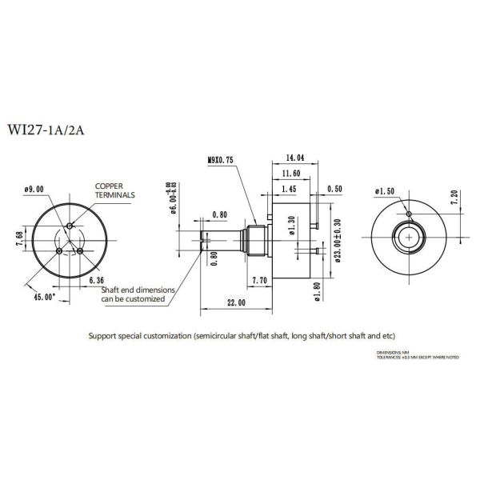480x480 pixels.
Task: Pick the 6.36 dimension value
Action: (x=96, y=281)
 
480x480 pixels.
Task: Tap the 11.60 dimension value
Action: (x=291, y=173)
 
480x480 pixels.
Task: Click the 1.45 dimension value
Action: (x=289, y=190)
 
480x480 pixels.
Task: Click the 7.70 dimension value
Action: (x=259, y=281)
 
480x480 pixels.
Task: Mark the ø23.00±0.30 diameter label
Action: (x=337, y=238)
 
